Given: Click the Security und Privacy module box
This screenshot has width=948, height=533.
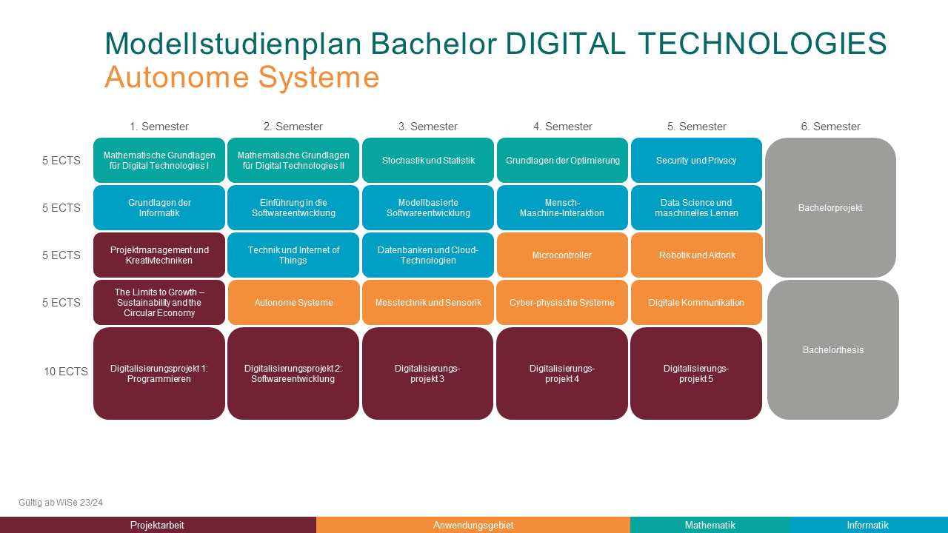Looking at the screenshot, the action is tap(696, 161).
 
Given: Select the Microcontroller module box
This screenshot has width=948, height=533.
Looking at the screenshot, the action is tap(562, 255).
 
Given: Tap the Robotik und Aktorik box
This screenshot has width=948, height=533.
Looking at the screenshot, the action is tap(697, 255).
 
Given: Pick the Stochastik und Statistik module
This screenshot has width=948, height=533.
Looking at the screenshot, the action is tap(428, 161).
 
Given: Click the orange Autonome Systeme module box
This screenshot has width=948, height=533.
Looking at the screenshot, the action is tap(294, 303).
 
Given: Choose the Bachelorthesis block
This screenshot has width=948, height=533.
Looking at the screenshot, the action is tap(833, 350).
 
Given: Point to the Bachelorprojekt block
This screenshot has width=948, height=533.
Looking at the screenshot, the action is tap(830, 208).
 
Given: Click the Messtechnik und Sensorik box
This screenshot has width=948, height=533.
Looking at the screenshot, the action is tap(428, 303).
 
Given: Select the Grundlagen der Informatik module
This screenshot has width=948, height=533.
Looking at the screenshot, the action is tap(159, 208).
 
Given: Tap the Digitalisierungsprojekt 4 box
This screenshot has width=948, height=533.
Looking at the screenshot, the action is tap(562, 374).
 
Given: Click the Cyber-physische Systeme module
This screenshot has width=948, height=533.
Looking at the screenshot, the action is tap(562, 303).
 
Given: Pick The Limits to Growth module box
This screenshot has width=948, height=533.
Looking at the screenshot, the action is tap(159, 303).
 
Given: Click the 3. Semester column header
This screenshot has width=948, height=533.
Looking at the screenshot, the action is tap(428, 127).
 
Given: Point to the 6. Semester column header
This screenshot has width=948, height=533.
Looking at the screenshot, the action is tap(830, 127).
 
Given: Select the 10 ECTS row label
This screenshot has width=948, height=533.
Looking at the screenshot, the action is tap(66, 372).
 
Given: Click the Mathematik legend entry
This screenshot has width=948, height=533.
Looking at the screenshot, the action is tap(710, 525).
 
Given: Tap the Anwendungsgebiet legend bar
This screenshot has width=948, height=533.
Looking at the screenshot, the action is tap(473, 525).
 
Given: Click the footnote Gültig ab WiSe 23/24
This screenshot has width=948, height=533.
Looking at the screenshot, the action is tap(61, 503).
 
